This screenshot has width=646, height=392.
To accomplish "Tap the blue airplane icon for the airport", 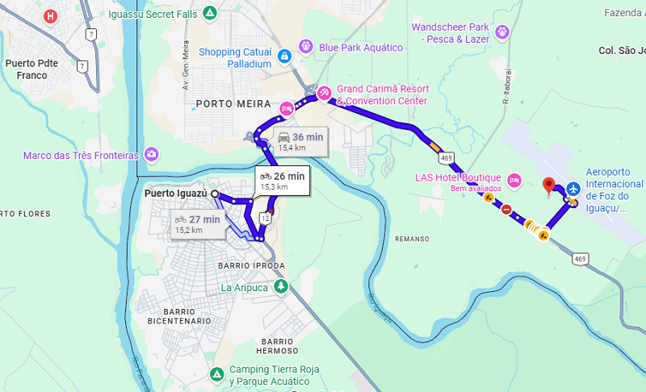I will click(574, 188).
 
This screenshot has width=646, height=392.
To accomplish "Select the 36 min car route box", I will click(300, 141).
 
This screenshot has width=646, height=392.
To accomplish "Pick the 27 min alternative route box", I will click(198, 223).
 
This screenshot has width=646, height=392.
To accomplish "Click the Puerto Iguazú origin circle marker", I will click(214, 194).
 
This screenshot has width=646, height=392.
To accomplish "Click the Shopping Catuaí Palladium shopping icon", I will click(284, 56).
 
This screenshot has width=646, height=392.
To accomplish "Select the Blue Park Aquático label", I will click(360, 48).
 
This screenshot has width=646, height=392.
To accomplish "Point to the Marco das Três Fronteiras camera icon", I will click(152, 154).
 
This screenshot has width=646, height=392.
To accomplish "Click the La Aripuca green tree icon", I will click(281, 286).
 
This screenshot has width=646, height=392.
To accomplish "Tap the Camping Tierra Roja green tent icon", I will click(216, 374).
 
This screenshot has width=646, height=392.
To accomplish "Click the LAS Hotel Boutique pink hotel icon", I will click(514, 179).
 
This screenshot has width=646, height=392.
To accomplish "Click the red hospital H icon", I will click(52, 15).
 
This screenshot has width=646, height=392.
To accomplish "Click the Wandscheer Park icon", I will click(503, 32).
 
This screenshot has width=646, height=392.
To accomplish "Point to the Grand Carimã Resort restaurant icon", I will click(324, 92).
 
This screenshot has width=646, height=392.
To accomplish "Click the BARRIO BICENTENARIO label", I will click(178, 316).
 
